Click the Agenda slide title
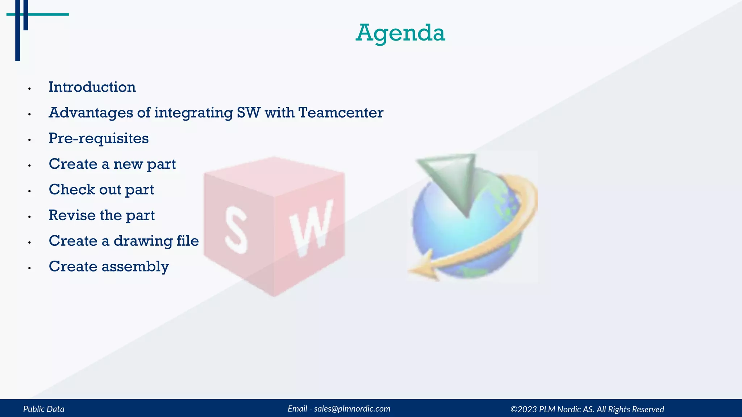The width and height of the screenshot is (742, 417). tap(400, 33)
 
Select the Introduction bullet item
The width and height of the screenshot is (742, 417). tap(92, 87)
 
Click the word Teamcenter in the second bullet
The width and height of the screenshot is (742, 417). tap(341, 113)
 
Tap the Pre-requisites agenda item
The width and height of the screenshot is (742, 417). tap(99, 139)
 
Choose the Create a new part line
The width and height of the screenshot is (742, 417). tap(112, 164)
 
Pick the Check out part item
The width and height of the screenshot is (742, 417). tap(101, 190)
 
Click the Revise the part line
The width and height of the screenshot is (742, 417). tap(101, 215)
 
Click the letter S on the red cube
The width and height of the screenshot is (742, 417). tap(236, 229)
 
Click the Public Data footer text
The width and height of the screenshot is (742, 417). tap(44, 409)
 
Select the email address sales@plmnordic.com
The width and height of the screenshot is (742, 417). tap(352, 409)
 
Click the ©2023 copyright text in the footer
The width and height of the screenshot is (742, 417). tap(587, 409)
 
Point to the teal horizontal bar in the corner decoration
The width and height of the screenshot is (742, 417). tap(47, 14)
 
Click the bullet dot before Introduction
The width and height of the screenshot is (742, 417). tap(29, 89)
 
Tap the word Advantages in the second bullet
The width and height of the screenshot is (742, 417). tap(91, 113)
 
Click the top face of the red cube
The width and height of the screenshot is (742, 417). tap(274, 176)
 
